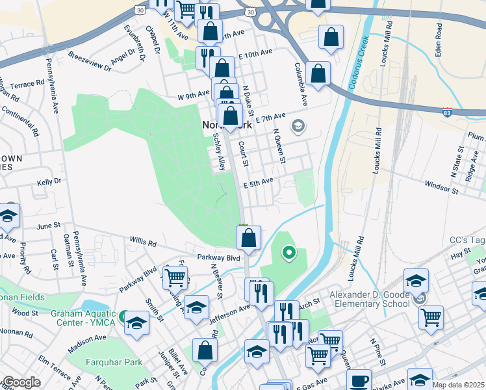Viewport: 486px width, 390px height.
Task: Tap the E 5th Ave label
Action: tap(258, 184)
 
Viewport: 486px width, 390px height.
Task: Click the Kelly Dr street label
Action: tap(49, 183)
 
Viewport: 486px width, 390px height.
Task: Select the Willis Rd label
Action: tap(143, 242)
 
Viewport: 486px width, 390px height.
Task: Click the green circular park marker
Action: tap(287, 253)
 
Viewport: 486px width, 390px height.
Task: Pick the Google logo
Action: tap(21, 382)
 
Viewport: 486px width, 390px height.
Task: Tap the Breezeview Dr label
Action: tap(90, 58)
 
